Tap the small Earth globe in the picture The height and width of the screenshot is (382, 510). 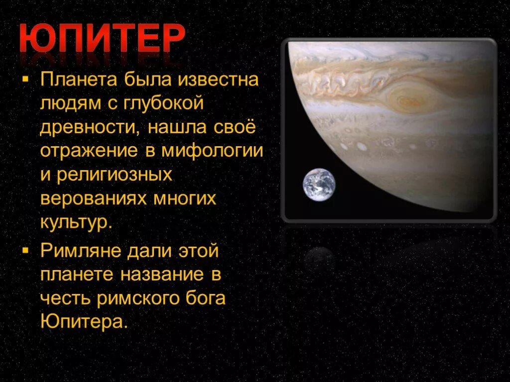(319, 185)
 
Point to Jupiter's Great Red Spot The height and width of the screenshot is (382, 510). (402, 97)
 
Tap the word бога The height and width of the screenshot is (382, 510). (208, 298)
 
